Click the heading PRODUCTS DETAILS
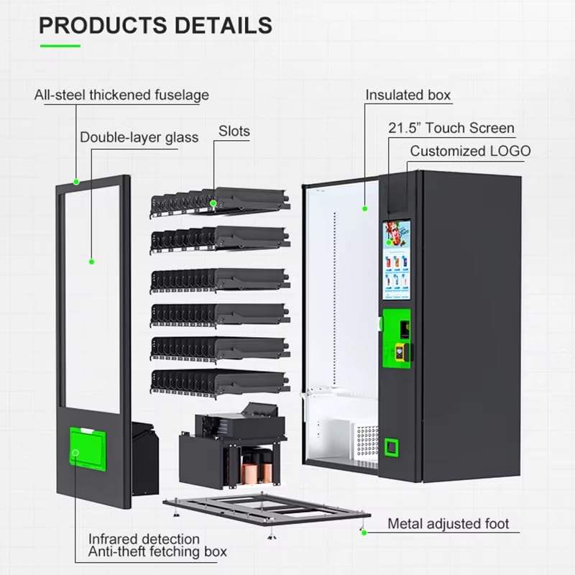pos(155,25)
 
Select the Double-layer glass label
pos(139,137)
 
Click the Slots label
pos(234,131)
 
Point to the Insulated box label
pos(408,95)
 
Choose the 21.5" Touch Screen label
pos(451,129)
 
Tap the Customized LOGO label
pos(470,151)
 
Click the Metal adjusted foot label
pos(448,523)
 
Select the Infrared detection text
pos(144,538)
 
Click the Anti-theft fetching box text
pos(157,552)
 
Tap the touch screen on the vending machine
pos(396,259)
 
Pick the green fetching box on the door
pos(88,447)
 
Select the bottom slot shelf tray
pos(219,382)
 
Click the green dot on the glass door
pos(91,261)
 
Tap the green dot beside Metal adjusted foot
pos(364,533)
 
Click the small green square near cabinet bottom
pos(392,447)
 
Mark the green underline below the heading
pos(60,45)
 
